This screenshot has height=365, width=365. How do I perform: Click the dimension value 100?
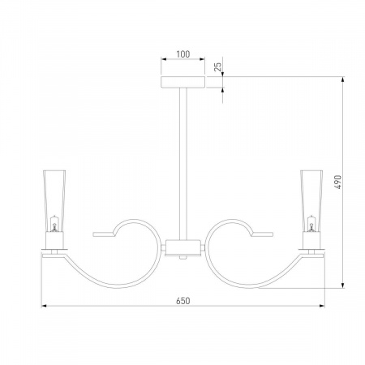(183, 54)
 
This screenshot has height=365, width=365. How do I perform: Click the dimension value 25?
(217, 67)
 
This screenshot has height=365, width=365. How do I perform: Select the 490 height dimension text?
(338, 182)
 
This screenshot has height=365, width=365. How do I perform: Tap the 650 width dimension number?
(183, 301)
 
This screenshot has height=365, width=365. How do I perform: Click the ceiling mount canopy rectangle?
(183, 82)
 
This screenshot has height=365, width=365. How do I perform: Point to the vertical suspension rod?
(183, 164)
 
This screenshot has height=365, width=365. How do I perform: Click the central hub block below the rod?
(183, 247)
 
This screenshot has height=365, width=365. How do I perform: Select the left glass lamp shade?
(54, 201)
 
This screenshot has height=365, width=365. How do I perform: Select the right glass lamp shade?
(311, 201)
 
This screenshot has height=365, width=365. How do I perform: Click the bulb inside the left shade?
(54, 225)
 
